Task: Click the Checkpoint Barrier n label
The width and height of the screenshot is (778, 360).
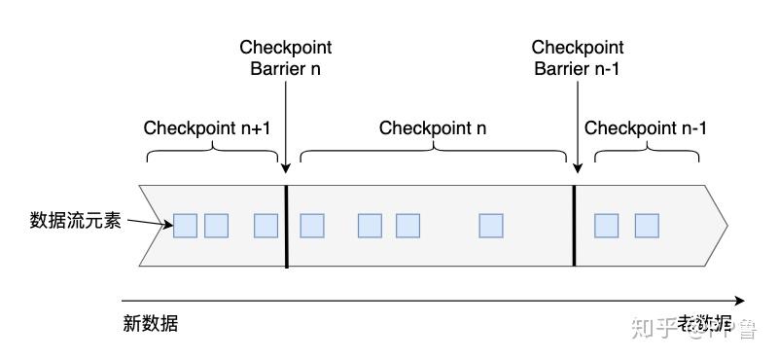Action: click(x=286, y=58)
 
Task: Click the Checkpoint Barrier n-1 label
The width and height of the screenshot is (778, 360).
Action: click(x=578, y=58)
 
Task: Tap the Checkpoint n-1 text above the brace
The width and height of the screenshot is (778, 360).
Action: click(x=646, y=128)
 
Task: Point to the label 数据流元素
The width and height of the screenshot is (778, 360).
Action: click(x=76, y=221)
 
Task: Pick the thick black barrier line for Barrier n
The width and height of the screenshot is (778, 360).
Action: click(x=287, y=225)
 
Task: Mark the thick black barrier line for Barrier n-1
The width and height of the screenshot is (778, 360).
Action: click(x=575, y=225)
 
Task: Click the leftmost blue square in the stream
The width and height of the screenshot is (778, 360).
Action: click(x=185, y=226)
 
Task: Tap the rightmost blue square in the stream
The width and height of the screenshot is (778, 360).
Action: click(x=647, y=226)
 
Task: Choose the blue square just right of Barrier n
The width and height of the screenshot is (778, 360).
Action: click(x=311, y=226)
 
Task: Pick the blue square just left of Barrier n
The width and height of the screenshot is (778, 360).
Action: click(x=265, y=226)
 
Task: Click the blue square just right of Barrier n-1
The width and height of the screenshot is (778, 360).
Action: click(x=606, y=226)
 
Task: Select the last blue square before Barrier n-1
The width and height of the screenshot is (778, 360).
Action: click(x=491, y=226)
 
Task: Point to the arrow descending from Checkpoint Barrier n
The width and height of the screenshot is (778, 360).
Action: click(x=287, y=126)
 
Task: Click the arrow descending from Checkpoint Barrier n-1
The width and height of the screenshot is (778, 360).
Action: click(x=578, y=126)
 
